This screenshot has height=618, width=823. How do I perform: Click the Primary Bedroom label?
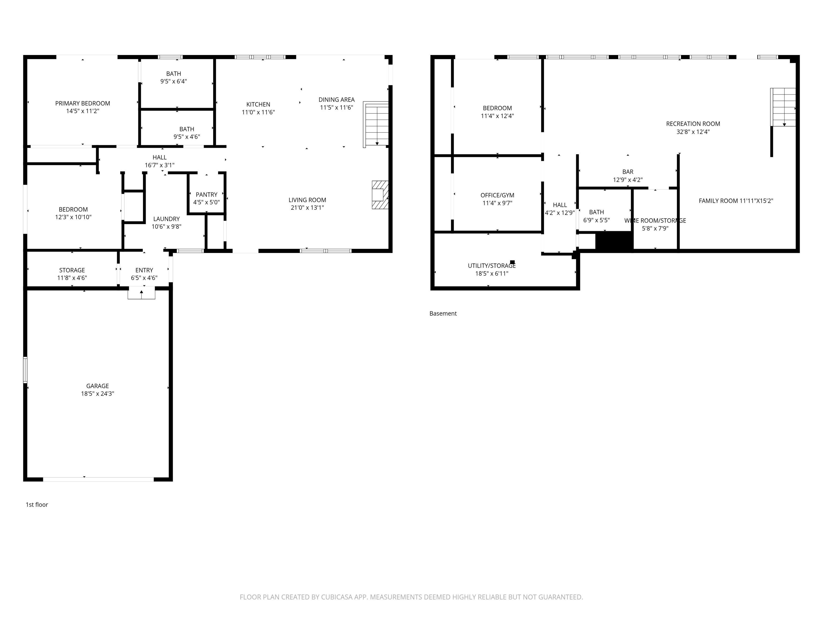tap(83, 103)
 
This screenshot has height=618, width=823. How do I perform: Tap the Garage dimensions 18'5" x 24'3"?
tap(98, 394)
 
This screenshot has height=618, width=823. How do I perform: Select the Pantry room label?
tap(207, 194)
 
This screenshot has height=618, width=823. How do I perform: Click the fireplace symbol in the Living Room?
tap(380, 195)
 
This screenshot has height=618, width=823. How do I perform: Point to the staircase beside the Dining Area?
tap(376, 124)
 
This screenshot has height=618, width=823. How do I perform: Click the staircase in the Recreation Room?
tap(783, 107)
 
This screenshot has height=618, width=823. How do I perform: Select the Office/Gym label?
tap(497, 195)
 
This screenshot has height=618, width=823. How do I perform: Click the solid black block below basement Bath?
tap(614, 241)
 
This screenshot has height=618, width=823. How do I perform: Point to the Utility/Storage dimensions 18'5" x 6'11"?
tap(492, 273)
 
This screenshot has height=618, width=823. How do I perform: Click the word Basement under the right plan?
tap(443, 314)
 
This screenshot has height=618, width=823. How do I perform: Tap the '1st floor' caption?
tap(37, 504)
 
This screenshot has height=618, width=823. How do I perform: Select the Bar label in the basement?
tap(628, 172)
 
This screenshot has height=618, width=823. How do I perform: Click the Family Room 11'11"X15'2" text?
tap(736, 201)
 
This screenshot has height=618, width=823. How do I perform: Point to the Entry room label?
tap(144, 270)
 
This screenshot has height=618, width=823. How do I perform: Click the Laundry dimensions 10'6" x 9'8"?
tap(166, 226)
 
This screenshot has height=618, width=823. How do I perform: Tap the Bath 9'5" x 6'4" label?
tap(173, 74)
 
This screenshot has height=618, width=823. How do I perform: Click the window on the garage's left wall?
tap(25, 370)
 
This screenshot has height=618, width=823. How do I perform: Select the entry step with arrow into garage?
tap(141, 293)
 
